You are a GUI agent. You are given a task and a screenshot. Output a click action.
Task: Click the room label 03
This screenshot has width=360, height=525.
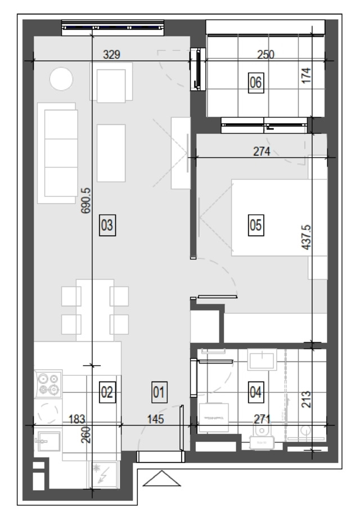click(107, 225)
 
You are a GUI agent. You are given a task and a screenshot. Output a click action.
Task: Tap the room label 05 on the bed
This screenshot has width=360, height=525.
click(256, 225)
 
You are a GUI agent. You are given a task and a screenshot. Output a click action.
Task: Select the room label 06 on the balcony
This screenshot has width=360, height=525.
click(256, 82)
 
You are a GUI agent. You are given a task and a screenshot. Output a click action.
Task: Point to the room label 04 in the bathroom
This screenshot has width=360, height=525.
click(256, 392)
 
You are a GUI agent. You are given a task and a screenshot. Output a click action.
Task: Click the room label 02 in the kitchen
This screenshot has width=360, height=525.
click(107, 392)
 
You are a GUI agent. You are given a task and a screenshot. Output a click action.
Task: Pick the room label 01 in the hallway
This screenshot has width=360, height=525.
click(159, 392)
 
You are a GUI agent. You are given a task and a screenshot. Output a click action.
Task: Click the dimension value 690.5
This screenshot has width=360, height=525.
click(86, 200)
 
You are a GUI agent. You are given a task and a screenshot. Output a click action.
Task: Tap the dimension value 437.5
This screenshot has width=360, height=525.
click(306, 237)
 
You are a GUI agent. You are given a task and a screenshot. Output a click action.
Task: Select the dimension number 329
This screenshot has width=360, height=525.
click(111, 54)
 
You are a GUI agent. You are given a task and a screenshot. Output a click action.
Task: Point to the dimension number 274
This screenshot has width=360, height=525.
click(262, 151)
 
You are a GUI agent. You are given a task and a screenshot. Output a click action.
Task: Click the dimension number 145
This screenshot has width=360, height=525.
click(156, 419)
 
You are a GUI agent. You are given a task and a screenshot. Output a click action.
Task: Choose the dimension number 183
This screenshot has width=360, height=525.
click(76, 419)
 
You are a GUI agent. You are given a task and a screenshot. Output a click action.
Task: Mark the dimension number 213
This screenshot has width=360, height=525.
click(306, 400)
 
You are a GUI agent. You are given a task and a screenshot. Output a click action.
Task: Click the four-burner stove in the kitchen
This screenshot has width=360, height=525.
click(48, 384)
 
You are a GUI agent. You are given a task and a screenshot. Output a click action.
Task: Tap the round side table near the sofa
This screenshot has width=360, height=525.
click(61, 79)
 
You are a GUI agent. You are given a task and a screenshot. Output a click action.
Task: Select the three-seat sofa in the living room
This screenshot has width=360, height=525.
click(57, 153)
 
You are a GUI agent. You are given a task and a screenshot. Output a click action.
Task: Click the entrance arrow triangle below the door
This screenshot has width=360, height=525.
click(161, 478)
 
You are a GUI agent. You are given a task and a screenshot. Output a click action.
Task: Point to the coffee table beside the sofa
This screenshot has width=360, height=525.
click(111, 153)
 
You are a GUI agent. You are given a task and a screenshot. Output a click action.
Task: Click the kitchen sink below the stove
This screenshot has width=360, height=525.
click(48, 441)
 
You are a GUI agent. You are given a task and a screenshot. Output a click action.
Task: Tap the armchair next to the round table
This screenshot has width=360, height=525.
click(111, 82)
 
